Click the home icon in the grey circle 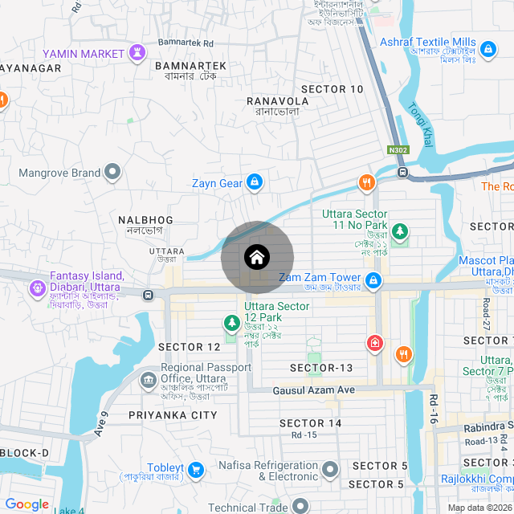[257, 258]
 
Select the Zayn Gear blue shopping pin [255, 183]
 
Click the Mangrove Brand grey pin [113, 172]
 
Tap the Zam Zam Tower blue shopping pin [373, 280]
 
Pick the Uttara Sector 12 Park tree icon [232, 323]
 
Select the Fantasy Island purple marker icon [37, 288]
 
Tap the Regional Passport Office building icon [148, 379]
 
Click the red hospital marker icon [374, 344]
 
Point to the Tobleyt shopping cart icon [198, 469]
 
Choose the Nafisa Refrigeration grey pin [331, 470]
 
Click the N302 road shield [397, 150]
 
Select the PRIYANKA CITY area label [173, 415]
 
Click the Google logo [27, 504]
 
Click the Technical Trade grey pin [300, 505]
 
